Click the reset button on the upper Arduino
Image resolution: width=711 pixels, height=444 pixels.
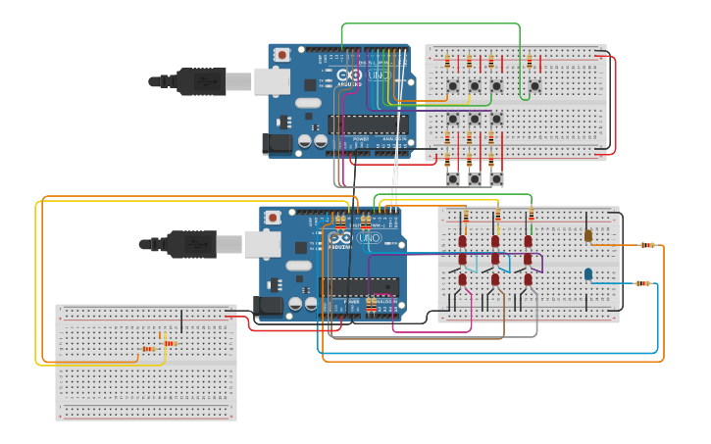click(x=282, y=55)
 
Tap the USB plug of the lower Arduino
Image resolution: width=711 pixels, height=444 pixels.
click(x=192, y=243)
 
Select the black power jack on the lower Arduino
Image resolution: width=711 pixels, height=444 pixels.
click(x=268, y=306)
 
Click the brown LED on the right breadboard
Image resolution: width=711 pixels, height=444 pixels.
click(x=588, y=235)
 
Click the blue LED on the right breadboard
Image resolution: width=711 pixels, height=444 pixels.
click(x=588, y=274)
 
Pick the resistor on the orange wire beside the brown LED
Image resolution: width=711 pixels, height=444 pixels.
click(x=647, y=245)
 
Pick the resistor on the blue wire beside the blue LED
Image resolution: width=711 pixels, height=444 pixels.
click(x=642, y=283)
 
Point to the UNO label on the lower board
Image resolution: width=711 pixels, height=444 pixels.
click(x=370, y=238)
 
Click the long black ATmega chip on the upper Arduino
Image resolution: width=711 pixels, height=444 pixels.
click(x=368, y=124)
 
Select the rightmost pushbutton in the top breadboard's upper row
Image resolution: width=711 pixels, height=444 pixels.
click(x=534, y=86)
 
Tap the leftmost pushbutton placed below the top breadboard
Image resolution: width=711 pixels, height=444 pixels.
click(x=453, y=179)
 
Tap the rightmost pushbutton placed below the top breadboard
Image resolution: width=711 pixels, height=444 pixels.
click(x=496, y=179)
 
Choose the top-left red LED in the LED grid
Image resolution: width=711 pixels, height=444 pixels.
click(x=463, y=241)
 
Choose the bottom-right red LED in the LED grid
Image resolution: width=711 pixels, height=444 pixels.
click(x=528, y=279)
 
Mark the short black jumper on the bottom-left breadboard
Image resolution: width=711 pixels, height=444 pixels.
click(x=182, y=321)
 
